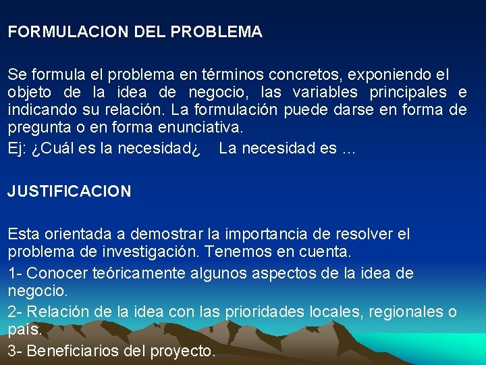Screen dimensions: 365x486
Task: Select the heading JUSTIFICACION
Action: point(70,191)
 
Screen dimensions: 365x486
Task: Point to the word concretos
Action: point(307,74)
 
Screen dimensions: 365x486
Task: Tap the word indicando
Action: point(38,109)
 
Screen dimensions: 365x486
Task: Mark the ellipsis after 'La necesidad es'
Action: point(348,149)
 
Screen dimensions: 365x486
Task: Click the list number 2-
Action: point(16,312)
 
